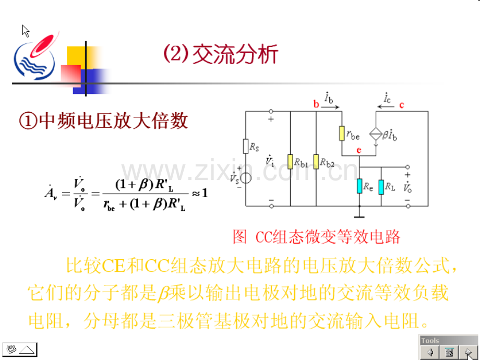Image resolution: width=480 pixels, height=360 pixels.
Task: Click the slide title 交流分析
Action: (235, 54)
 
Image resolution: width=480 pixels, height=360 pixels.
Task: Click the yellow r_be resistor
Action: (342, 134)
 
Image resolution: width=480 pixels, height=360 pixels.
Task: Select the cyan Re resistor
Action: (359, 186)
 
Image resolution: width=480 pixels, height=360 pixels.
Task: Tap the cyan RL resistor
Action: (381, 187)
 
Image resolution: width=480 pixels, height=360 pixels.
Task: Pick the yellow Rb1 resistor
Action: (290, 162)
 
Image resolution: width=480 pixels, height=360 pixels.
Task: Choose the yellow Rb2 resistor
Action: (316, 162)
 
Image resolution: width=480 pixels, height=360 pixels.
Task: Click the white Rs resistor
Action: (246, 146)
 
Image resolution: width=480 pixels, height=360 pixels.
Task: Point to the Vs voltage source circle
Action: (246, 178)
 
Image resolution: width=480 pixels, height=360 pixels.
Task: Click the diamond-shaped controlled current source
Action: (376, 134)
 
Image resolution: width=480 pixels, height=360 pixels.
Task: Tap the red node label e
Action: (359, 150)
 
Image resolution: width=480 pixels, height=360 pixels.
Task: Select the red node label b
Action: (316, 104)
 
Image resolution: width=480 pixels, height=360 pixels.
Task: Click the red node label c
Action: (402, 105)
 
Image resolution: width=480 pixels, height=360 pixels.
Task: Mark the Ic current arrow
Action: (385, 107)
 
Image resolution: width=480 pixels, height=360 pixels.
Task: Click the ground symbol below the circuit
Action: (359, 217)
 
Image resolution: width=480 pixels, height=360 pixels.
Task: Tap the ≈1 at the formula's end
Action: (200, 193)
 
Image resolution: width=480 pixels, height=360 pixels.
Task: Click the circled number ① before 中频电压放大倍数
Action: (28, 121)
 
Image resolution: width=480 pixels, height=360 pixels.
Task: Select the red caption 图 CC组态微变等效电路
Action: (316, 237)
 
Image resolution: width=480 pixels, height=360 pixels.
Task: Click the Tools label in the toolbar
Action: (430, 340)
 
